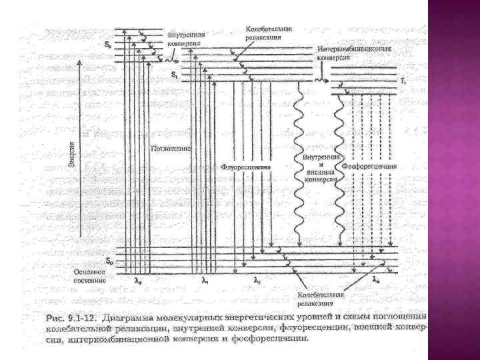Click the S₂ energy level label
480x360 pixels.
tap(108, 45)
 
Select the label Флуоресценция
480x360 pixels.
tap(246, 167)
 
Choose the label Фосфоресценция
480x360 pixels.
tap(369, 165)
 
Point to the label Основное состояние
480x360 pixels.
tap(90, 276)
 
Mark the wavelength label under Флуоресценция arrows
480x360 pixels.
tap(257, 281)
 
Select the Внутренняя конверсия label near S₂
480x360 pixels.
tap(186, 39)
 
